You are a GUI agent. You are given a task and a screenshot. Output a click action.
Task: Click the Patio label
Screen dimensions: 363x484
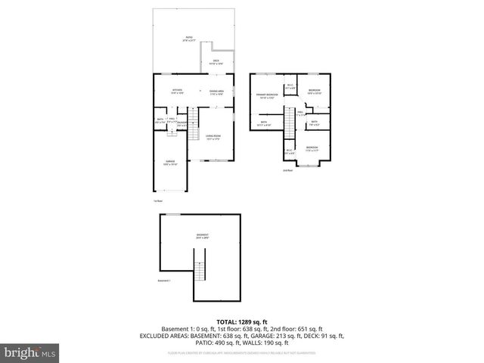pos(188,39)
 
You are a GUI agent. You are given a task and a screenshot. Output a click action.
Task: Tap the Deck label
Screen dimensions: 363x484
pos(216,62)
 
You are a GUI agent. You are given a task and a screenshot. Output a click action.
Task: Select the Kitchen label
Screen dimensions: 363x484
pos(178,92)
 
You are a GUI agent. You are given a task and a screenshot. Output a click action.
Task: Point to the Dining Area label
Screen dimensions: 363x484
pos(217,92)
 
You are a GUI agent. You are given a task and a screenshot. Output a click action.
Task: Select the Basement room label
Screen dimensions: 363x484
pos(203,237)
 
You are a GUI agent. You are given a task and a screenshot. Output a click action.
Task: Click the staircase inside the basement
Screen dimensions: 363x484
pos(200,270)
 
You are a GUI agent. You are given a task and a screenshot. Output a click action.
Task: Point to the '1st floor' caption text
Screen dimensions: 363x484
pos(158,201)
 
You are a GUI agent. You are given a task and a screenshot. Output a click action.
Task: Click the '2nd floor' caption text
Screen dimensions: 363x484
pos(287,171)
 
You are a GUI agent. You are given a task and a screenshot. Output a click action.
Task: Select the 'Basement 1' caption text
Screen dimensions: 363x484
pos(165,281)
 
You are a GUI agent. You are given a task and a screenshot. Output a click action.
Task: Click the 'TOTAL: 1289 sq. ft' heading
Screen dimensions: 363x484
pos(241,321)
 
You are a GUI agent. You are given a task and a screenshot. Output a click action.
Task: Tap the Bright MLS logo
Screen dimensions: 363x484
pos(28,352)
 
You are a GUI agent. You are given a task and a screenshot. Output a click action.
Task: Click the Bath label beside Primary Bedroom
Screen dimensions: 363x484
pos(264,123)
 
